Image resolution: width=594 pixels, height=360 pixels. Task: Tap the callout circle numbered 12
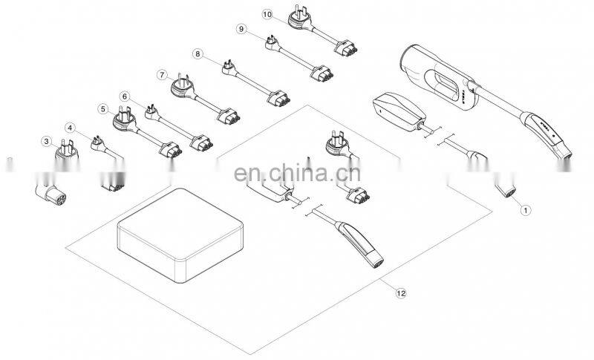coord(401,293)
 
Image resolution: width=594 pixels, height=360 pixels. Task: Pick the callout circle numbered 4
coord(71,128)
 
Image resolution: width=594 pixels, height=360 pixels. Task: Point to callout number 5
coord(102,108)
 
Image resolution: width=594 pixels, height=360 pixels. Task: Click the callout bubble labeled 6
coord(124,96)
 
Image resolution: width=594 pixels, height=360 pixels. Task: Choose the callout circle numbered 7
coord(162,74)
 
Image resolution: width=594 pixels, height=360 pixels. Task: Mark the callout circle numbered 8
coord(197,53)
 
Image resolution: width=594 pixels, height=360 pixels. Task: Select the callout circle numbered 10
coord(267,13)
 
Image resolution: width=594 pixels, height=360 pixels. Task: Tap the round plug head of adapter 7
coord(183,88)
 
